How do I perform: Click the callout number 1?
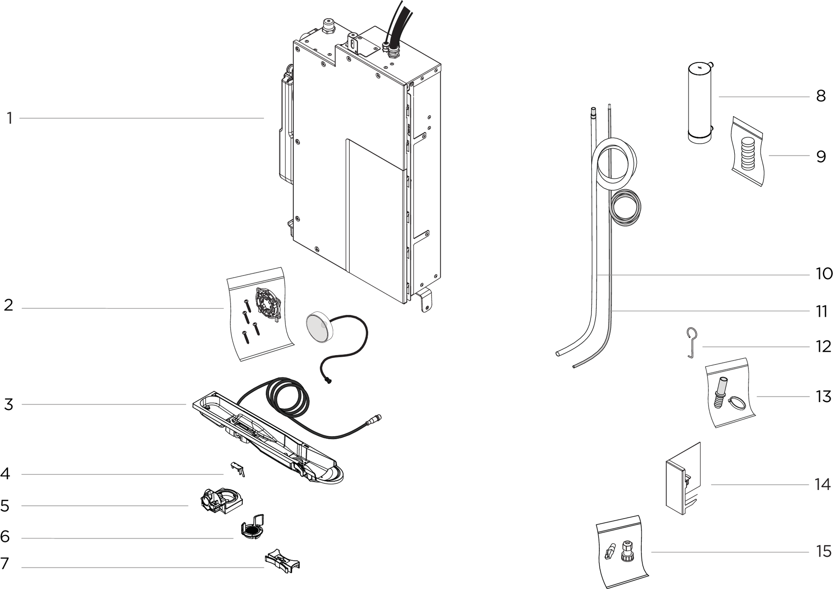(9, 119)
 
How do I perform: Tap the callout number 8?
(821, 96)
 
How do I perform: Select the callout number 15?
(823, 552)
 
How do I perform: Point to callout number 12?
(823, 347)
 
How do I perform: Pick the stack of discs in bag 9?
(748, 154)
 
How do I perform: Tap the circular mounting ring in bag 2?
(268, 303)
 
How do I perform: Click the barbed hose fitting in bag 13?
(721, 393)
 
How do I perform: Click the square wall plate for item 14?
(676, 487)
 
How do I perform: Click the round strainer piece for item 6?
(251, 530)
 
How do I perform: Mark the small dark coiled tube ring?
(625, 208)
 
